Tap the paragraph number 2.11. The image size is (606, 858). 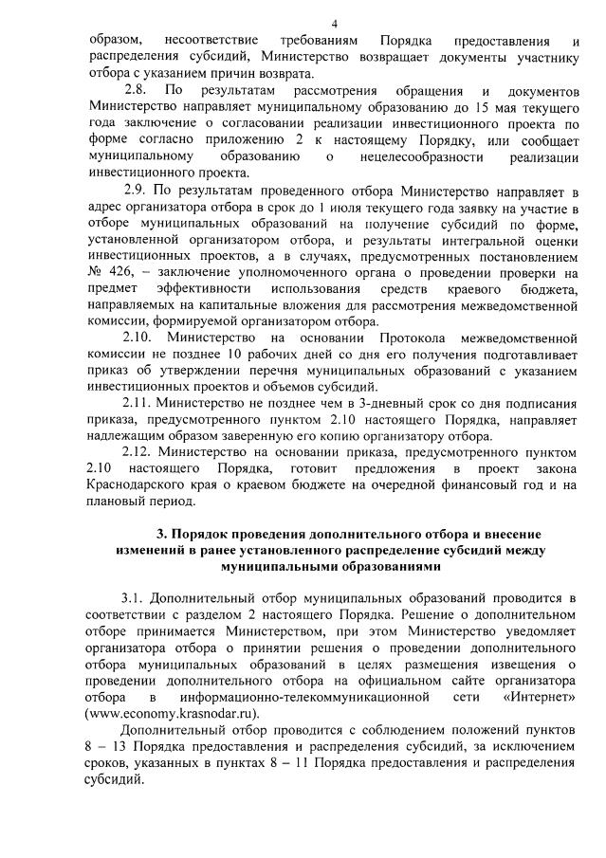coord(140,429)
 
